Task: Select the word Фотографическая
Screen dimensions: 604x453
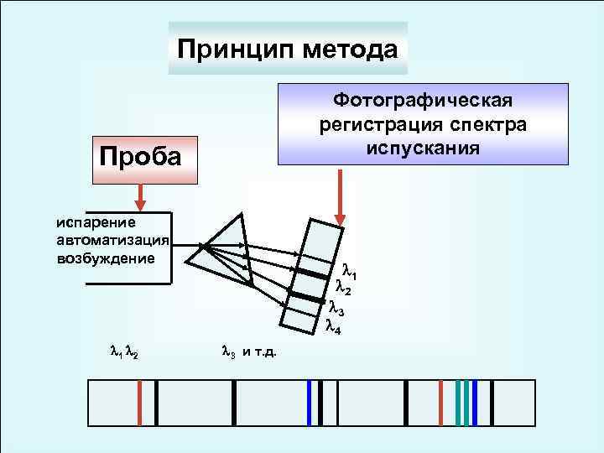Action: (423, 101)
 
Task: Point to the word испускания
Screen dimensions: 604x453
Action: (423, 148)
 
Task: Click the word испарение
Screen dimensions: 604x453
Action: (91, 223)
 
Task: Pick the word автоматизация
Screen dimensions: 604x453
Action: (113, 240)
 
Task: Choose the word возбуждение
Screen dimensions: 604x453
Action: (106, 257)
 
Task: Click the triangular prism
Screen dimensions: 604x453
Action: (221, 243)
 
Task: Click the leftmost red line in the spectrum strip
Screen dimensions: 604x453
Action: (139, 403)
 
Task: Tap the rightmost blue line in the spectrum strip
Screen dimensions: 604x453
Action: (475, 403)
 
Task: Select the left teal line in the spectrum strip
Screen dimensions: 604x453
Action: (458, 403)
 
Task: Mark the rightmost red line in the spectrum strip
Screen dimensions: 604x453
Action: (440, 403)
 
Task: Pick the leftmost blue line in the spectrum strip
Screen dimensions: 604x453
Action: (310, 403)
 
